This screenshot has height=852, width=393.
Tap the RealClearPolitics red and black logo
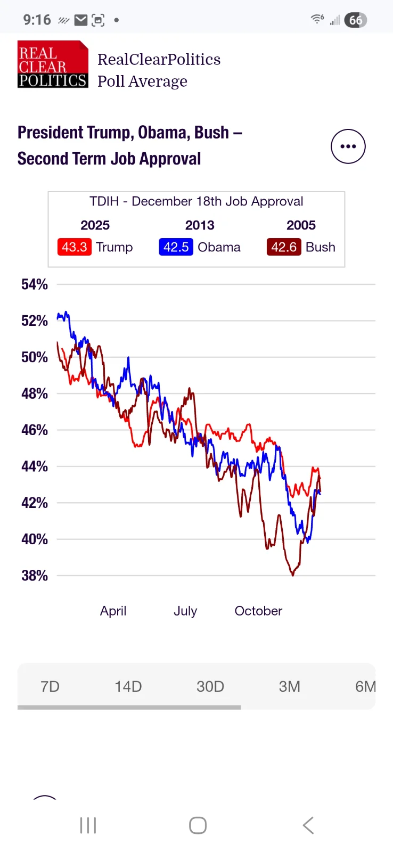(x=53, y=64)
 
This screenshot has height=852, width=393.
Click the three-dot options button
(x=348, y=146)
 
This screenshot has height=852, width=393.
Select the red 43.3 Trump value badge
(x=75, y=247)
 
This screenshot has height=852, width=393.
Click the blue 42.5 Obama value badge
(x=176, y=247)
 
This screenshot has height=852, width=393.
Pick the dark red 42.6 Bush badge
(x=284, y=247)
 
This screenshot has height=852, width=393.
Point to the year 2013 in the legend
(x=200, y=225)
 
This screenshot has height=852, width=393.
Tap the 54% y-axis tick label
(x=35, y=284)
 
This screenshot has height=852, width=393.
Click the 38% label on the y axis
(x=35, y=576)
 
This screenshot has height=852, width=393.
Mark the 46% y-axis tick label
(x=35, y=430)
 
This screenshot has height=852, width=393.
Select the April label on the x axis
(x=113, y=611)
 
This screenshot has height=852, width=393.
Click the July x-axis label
(x=185, y=611)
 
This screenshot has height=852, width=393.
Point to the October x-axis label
(x=258, y=611)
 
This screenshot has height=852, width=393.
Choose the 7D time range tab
(x=50, y=686)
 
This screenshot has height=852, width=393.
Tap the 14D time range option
(x=128, y=686)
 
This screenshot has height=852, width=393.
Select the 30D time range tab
(x=210, y=686)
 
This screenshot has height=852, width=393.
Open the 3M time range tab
(x=290, y=686)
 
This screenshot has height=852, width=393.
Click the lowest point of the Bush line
(x=293, y=575)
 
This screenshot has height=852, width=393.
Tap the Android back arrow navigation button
(x=308, y=825)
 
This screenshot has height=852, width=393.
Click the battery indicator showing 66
(x=356, y=20)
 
